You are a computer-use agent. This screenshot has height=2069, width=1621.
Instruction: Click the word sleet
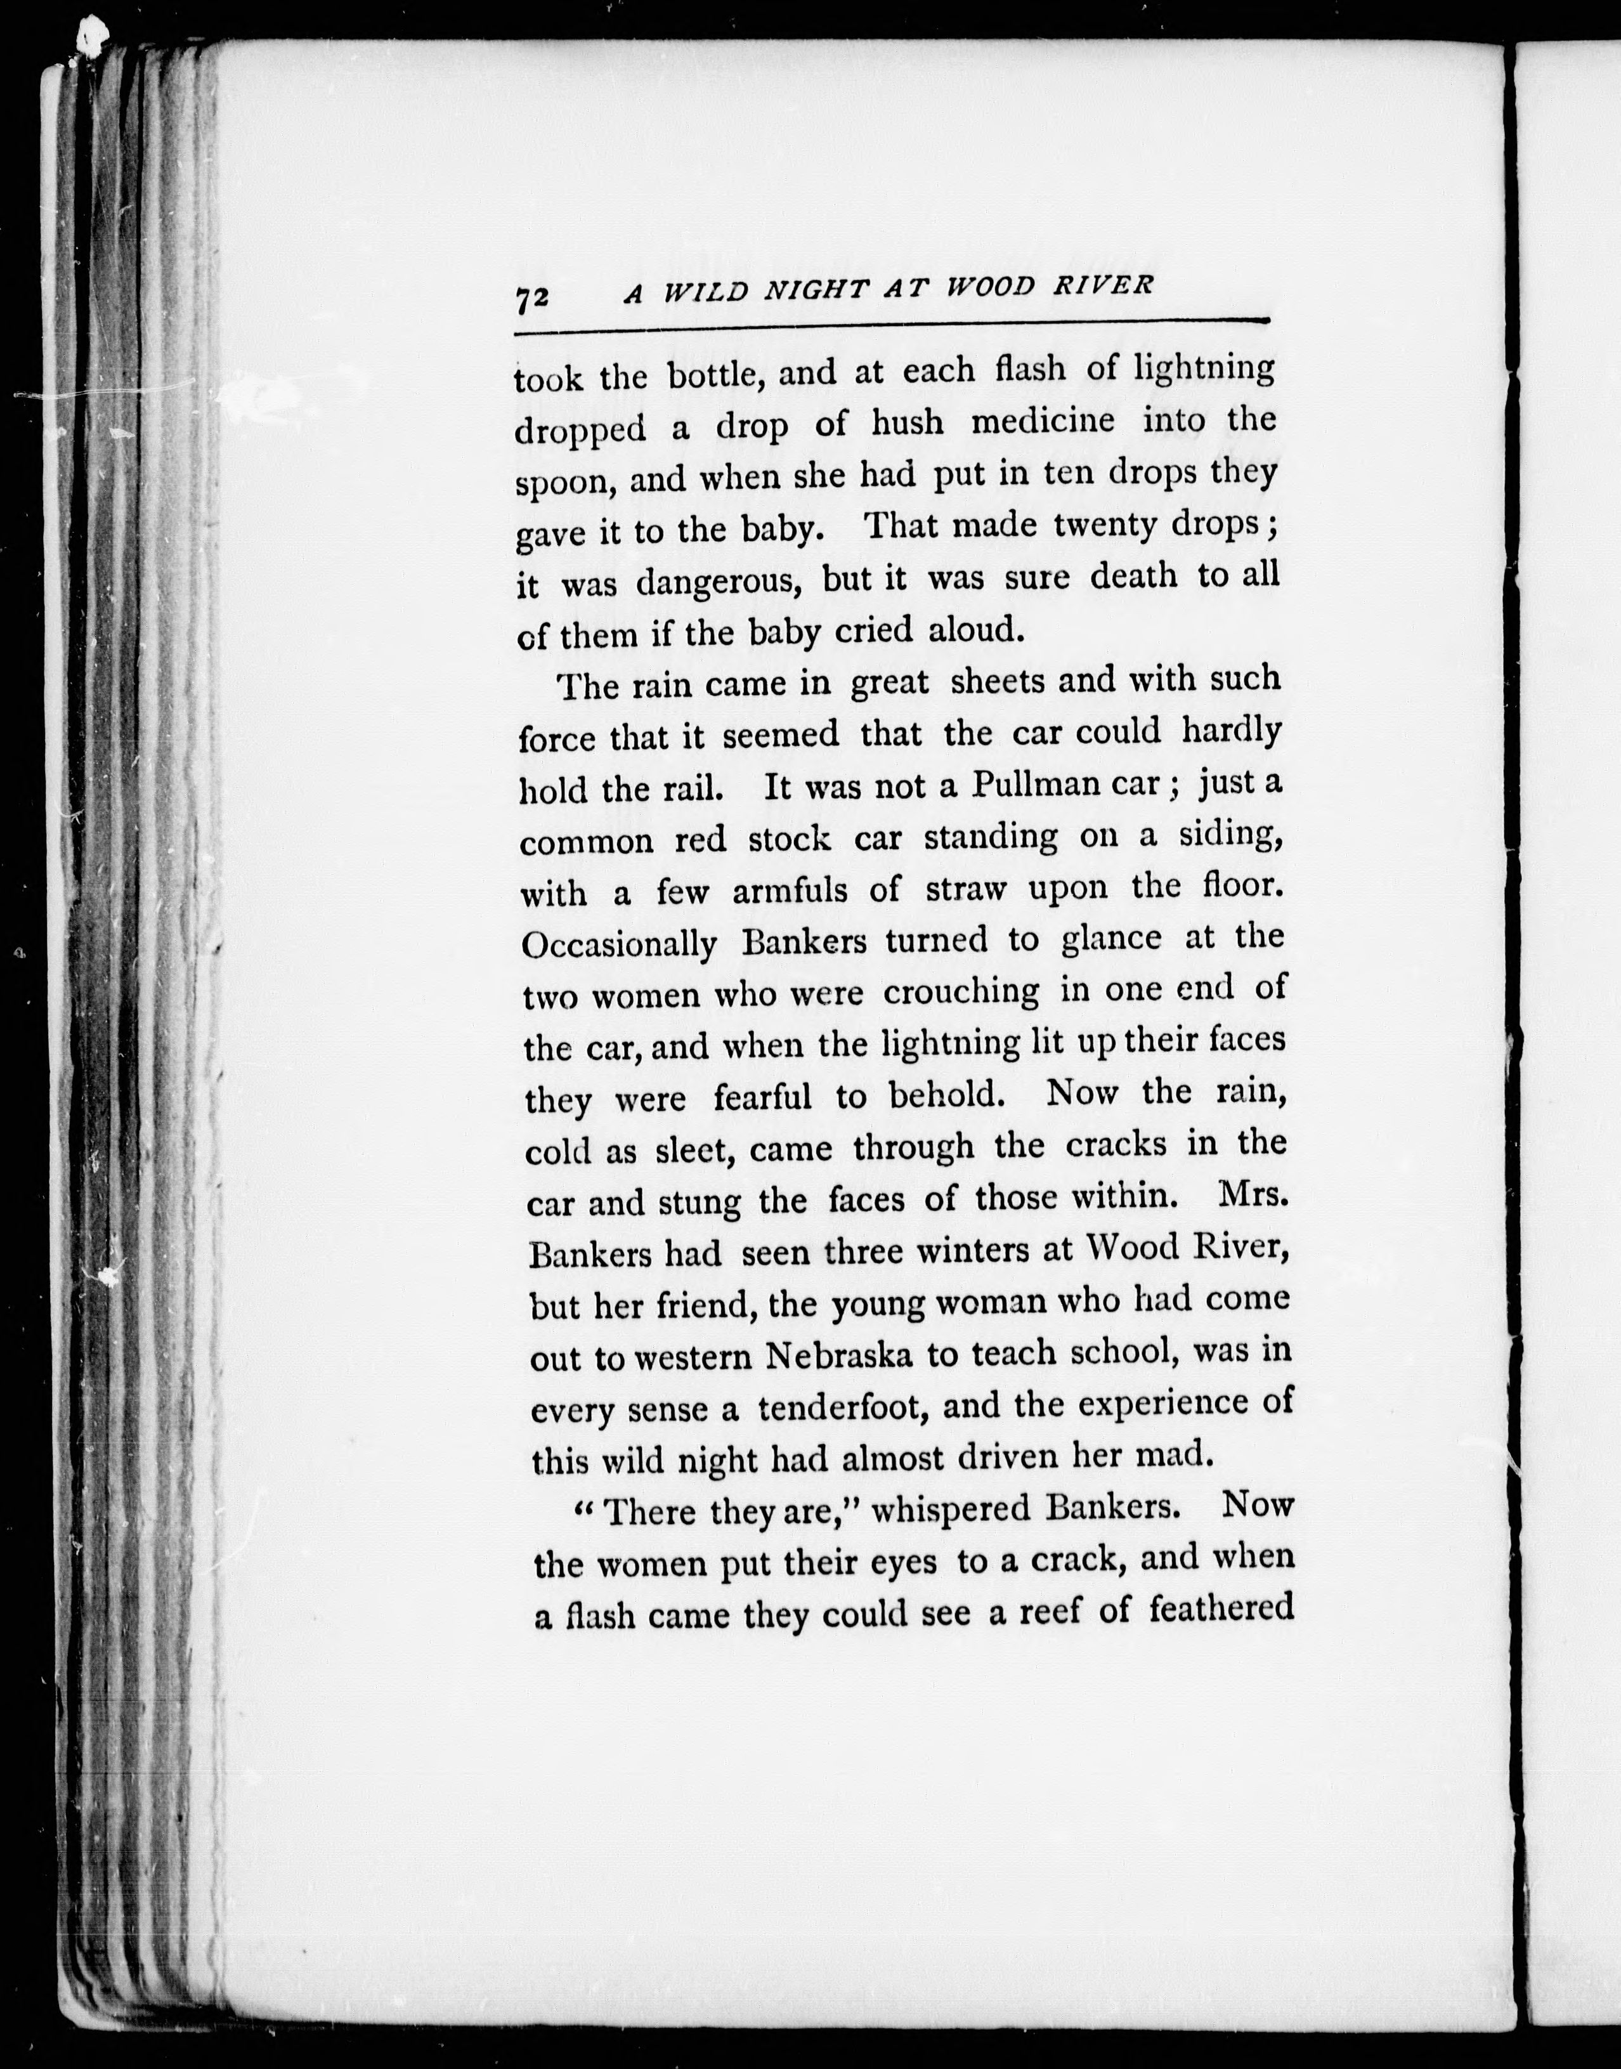click(x=698, y=1151)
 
